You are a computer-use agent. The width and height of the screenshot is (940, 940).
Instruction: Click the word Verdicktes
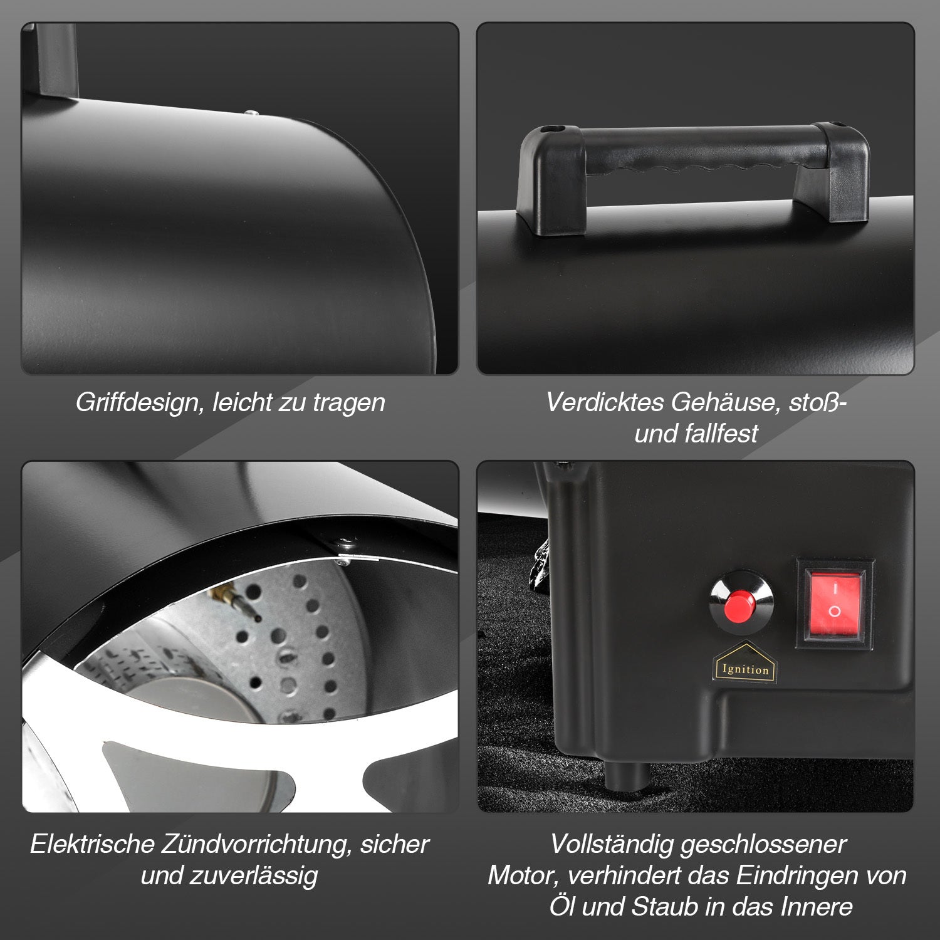[605, 402]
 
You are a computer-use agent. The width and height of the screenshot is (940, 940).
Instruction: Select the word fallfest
[722, 433]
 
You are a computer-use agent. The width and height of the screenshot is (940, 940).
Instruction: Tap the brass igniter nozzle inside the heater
[232, 599]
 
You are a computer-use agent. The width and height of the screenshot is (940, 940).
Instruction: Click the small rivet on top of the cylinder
[251, 113]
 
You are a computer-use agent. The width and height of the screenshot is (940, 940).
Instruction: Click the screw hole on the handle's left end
[552, 129]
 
